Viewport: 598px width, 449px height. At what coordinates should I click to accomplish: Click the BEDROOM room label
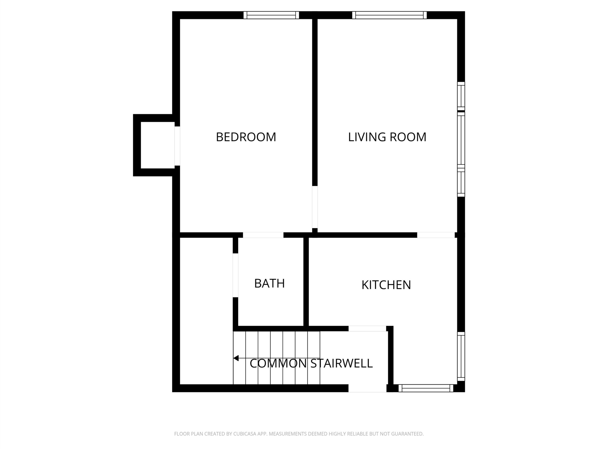coord(246,137)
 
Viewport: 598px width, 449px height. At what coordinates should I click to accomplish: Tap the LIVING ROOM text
coord(387,137)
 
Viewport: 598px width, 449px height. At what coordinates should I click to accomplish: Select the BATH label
coord(270,283)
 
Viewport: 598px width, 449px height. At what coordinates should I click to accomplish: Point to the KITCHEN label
coord(386,285)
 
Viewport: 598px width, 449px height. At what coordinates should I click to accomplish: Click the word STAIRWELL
coord(342,363)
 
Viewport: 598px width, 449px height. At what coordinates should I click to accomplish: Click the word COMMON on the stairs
coord(278,363)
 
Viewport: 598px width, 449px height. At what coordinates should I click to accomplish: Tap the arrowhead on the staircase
coord(236,358)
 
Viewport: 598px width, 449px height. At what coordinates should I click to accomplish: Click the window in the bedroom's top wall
coord(271,15)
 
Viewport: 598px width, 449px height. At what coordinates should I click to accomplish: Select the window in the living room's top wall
coord(389,15)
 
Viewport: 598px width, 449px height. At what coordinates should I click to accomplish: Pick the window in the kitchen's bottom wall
coord(426,388)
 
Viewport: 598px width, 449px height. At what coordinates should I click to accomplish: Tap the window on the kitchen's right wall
coord(461,356)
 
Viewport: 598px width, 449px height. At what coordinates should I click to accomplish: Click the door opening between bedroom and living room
coord(315,207)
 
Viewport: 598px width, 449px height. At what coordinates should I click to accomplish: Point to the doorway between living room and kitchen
coord(436,235)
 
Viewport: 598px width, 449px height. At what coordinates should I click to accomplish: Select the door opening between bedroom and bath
coord(263,235)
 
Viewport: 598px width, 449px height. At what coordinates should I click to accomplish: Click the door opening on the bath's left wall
coord(235,275)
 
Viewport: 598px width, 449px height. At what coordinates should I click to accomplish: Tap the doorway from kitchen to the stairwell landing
coord(367,329)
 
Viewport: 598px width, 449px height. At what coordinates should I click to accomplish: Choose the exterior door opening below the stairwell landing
coord(367,388)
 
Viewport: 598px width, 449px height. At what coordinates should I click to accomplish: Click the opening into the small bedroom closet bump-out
coord(177,146)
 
